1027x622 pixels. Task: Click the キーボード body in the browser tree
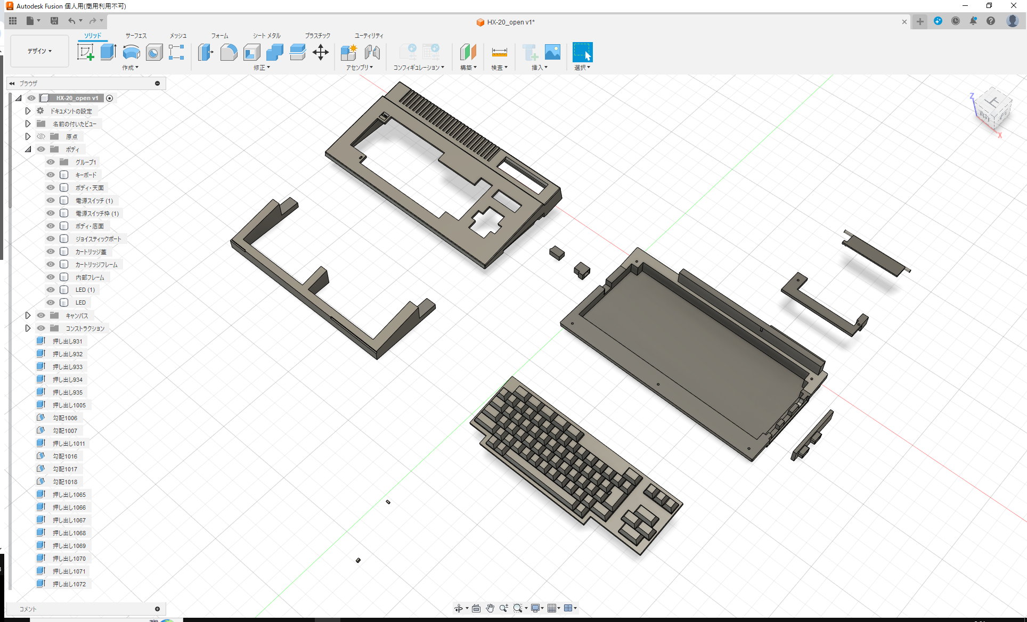click(x=86, y=175)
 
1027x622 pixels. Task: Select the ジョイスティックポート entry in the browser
click(x=98, y=239)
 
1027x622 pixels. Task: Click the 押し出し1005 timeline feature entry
click(x=69, y=405)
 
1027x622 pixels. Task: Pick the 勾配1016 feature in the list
click(x=64, y=456)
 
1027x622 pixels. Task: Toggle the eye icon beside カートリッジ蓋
click(x=51, y=252)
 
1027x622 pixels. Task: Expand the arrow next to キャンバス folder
click(x=28, y=316)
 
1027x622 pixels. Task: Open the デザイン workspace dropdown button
click(x=40, y=51)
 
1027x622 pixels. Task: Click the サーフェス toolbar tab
click(x=136, y=36)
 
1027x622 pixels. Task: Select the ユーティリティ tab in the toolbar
click(x=369, y=36)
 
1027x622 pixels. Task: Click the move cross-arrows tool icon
click(x=320, y=52)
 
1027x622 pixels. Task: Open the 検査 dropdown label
click(x=499, y=68)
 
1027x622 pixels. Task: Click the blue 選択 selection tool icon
click(x=582, y=52)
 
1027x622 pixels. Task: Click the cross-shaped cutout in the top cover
click(x=485, y=223)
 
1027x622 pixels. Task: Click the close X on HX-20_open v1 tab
click(x=904, y=22)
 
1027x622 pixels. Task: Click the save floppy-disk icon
click(x=54, y=21)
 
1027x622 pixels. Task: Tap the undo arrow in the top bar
click(x=71, y=21)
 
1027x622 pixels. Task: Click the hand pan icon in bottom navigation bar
click(x=490, y=608)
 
